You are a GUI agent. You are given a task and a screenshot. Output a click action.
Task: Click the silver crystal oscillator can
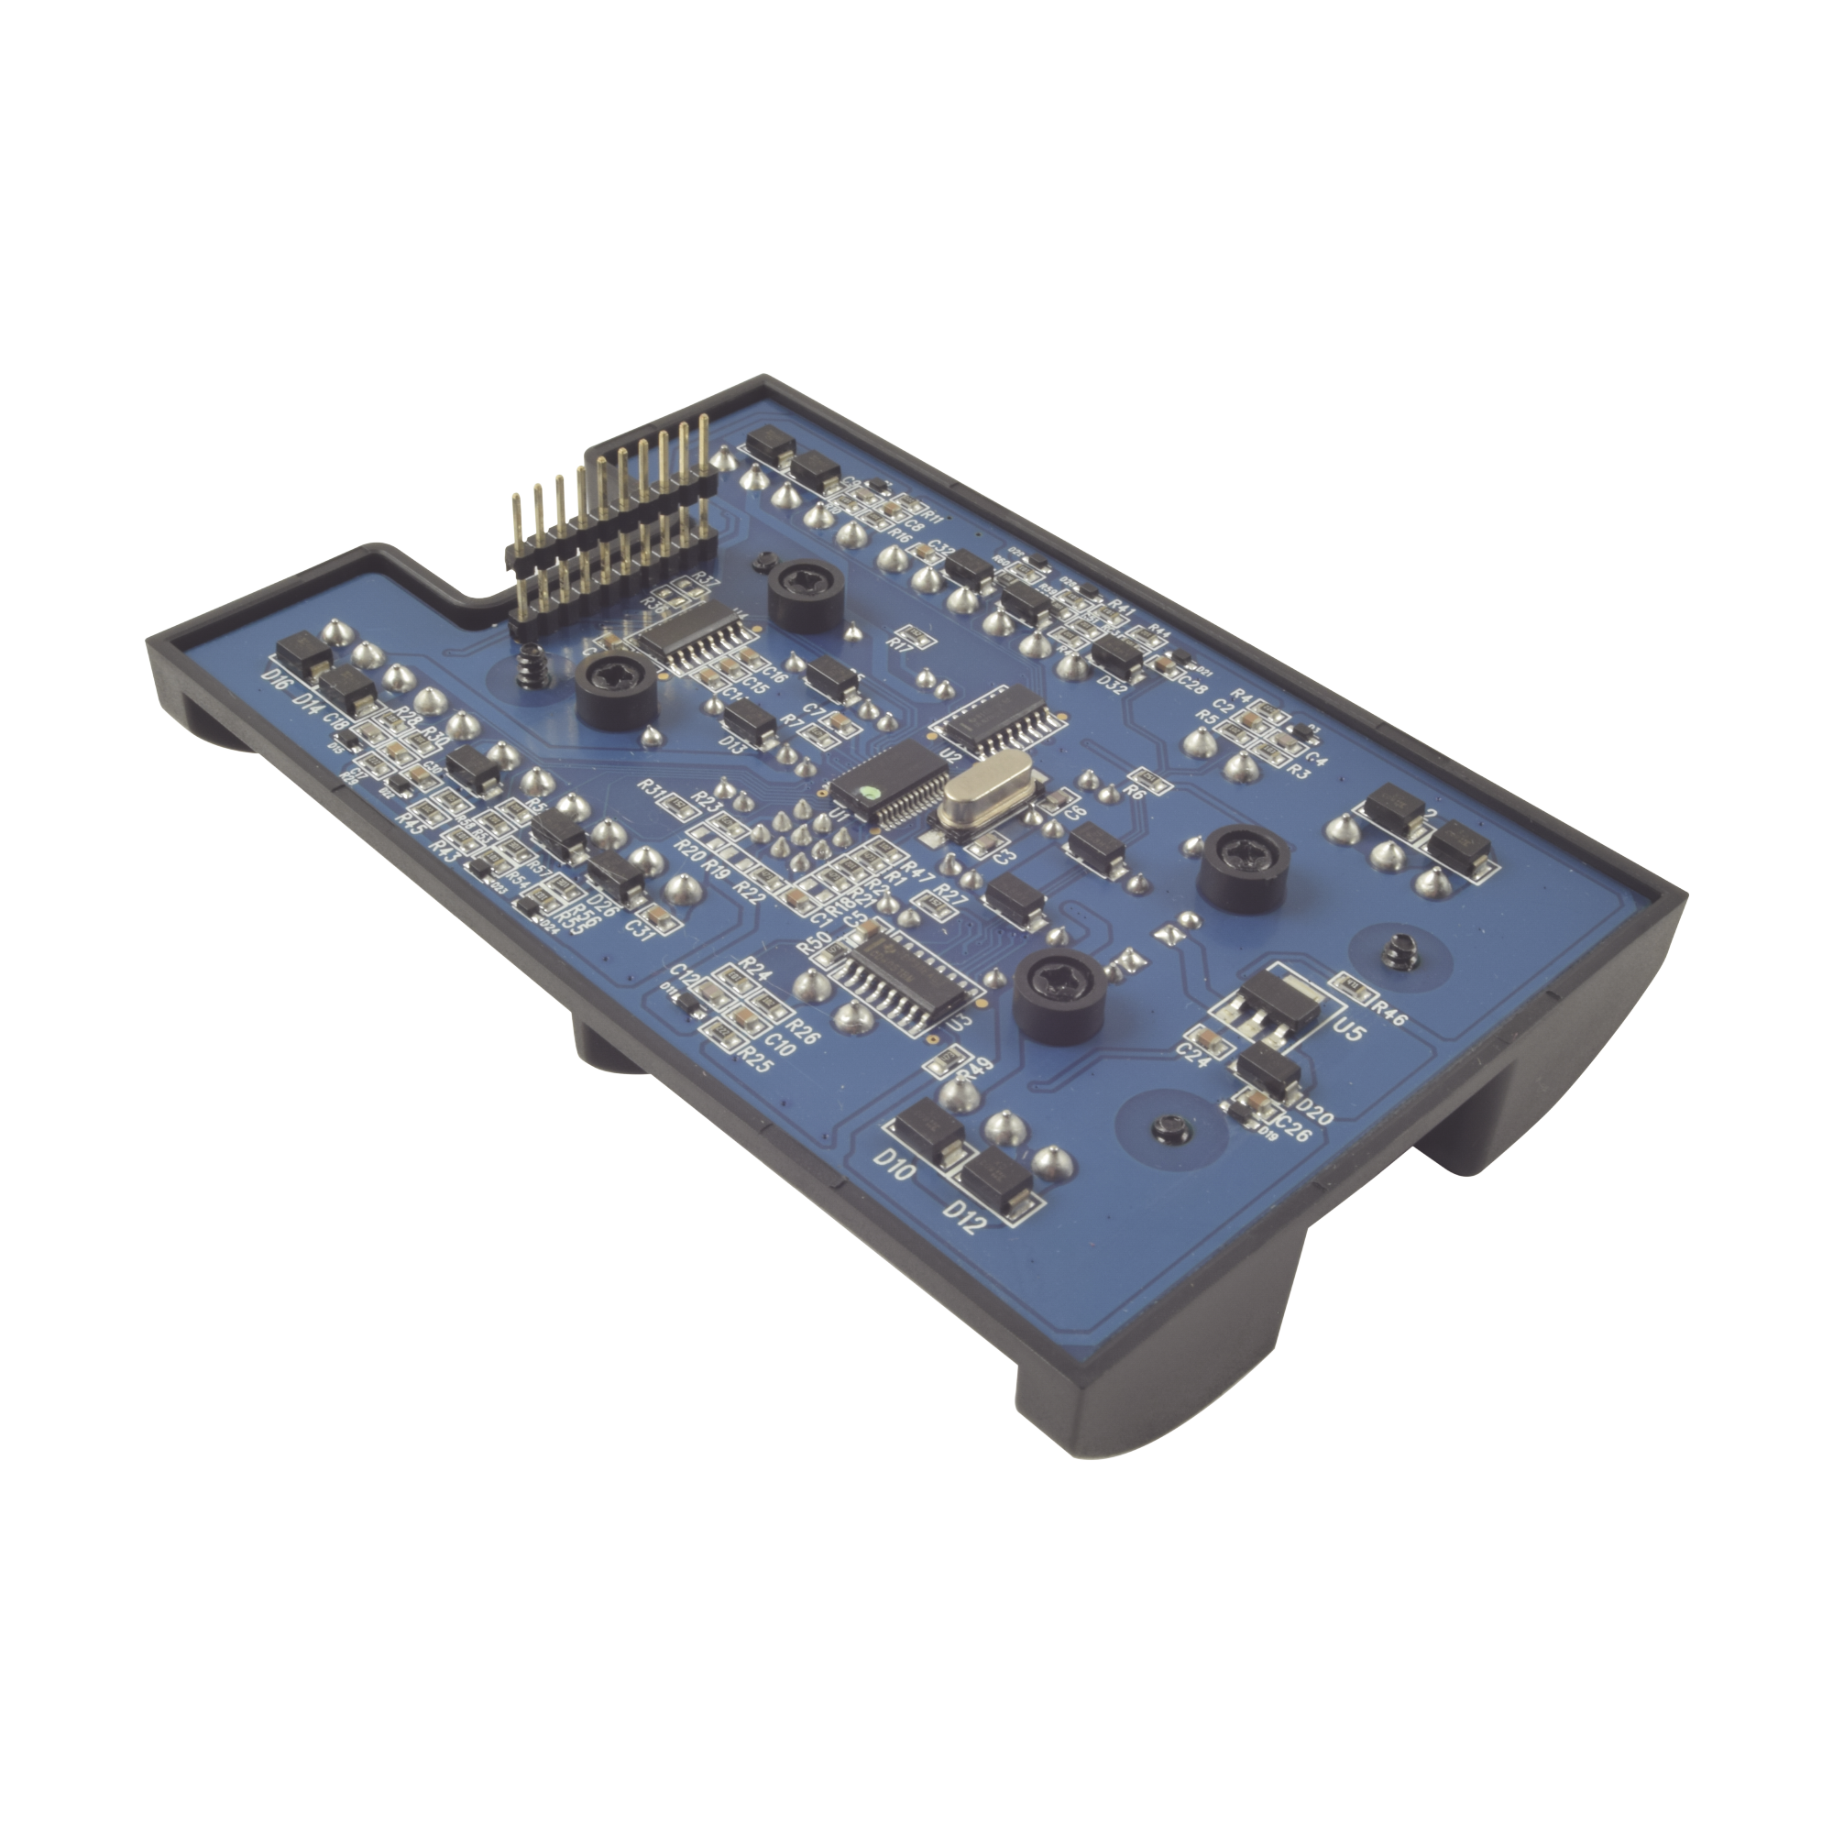click(x=988, y=808)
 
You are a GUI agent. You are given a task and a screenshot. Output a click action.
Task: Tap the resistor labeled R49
click(x=949, y=1060)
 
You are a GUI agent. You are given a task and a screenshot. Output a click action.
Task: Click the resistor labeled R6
click(x=1144, y=780)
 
